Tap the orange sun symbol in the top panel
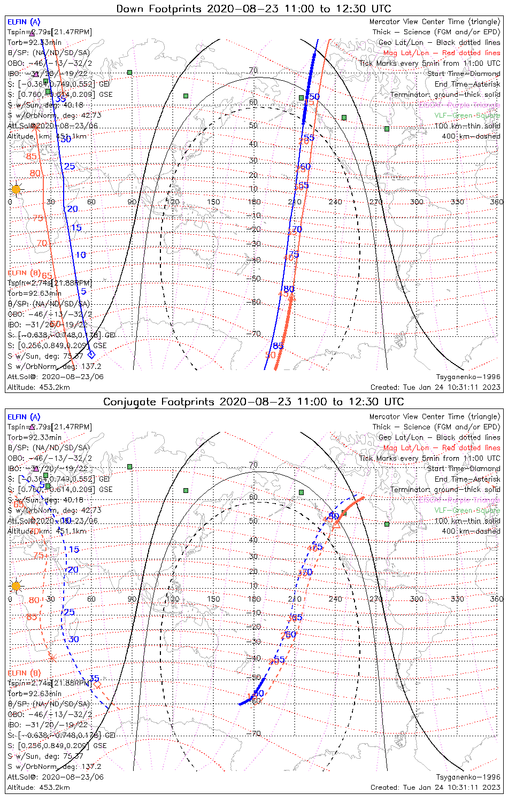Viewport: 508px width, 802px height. click(16, 189)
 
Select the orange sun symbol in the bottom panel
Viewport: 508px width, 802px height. click(16, 586)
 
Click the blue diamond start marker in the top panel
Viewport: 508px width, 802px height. click(91, 354)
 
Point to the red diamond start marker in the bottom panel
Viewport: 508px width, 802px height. click(97, 684)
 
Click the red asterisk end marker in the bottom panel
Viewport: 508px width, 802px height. click(52, 658)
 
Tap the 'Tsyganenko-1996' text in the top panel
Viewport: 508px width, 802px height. click(468, 377)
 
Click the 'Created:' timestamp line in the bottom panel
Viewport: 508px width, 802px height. click(435, 787)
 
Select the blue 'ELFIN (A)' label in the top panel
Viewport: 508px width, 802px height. click(24, 22)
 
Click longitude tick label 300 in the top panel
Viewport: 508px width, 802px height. click(417, 202)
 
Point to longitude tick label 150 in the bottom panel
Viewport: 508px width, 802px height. click(213, 599)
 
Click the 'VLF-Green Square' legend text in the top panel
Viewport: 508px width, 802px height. click(467, 115)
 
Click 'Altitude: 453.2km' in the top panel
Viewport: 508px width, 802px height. click(39, 387)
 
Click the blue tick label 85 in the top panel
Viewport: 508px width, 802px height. click(278, 346)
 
